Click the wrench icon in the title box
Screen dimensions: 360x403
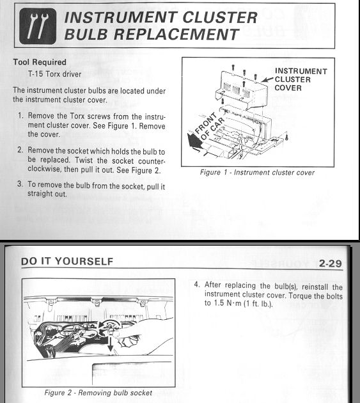tap(38, 26)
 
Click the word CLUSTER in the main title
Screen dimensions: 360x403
tap(220, 17)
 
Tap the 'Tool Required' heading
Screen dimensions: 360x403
tap(40, 62)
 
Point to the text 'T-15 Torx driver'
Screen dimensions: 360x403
tap(55, 74)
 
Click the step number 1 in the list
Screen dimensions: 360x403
tap(20, 115)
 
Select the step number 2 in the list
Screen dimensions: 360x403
tap(20, 150)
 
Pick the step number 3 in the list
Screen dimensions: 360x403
tap(20, 184)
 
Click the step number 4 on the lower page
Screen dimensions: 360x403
tap(196, 285)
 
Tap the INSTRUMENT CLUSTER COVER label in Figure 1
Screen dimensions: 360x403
tap(301, 79)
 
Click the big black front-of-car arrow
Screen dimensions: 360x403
tap(194, 141)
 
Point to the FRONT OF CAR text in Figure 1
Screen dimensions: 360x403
tap(209, 127)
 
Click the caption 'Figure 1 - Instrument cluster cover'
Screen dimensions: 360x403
tap(257, 172)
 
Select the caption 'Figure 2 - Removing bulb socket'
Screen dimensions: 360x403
tap(98, 393)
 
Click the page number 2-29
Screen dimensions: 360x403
tap(331, 264)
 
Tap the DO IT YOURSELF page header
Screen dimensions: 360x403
tap(67, 262)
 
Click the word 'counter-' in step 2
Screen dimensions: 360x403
tap(152, 161)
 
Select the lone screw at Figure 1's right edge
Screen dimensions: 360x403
tap(286, 138)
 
